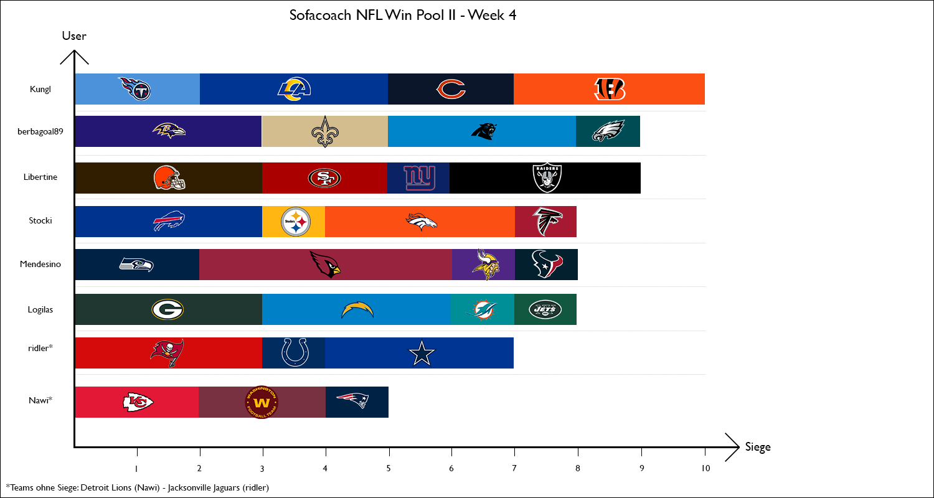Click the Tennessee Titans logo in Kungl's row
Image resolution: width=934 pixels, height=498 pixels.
135,89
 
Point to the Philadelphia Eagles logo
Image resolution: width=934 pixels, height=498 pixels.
608,132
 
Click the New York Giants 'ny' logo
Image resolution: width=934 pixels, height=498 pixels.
418,177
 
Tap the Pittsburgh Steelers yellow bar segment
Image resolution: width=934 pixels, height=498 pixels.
294,222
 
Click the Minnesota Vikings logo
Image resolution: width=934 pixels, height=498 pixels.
484,265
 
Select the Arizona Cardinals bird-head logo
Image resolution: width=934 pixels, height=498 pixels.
326,265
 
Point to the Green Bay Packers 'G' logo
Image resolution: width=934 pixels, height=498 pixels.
167,309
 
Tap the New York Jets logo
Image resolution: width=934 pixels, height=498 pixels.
545,309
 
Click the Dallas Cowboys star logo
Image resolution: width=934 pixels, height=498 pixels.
421,354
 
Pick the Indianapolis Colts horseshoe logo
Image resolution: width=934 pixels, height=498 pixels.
294,352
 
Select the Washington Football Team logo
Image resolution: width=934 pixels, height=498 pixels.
262,402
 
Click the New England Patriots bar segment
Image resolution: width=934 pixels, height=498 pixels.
357,402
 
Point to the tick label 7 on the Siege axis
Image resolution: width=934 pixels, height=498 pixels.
514,468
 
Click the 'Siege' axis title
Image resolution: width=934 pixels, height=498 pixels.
758,447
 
